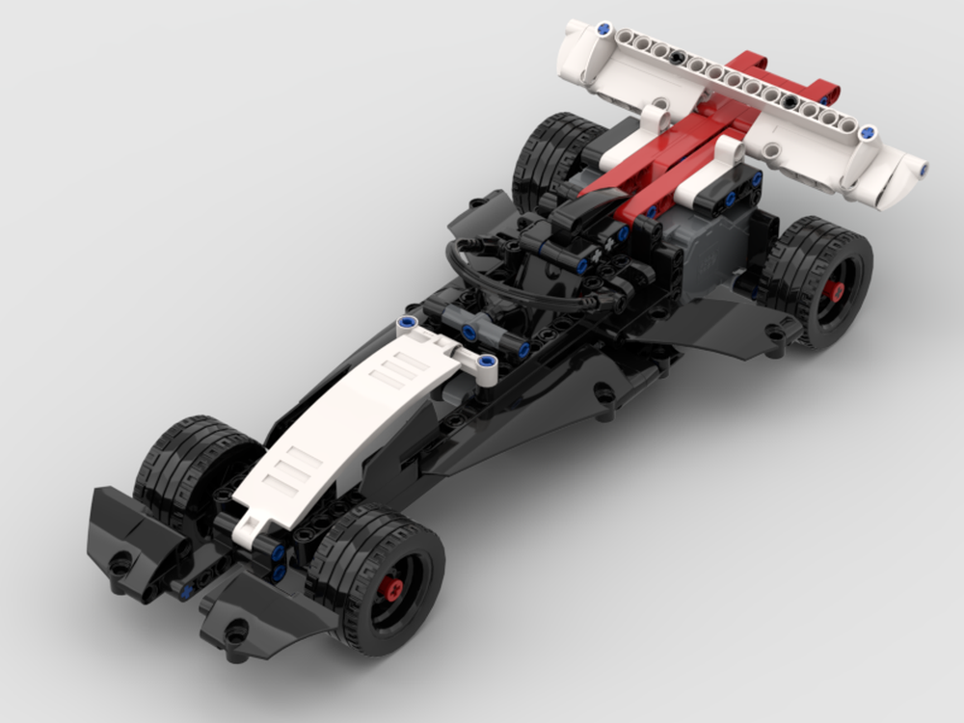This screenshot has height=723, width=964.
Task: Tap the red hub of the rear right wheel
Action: (x=836, y=289)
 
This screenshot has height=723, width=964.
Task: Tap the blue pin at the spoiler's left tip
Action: (x=603, y=28)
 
